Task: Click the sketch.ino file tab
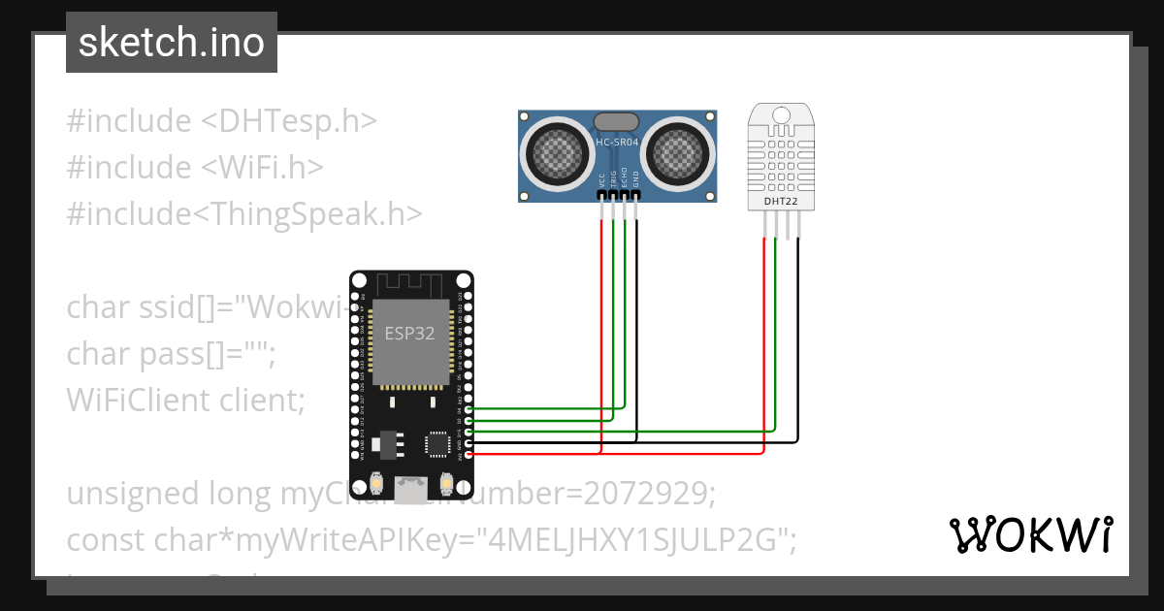click(x=171, y=43)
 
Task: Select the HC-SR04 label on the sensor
click(x=617, y=143)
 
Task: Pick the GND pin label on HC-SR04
click(x=636, y=179)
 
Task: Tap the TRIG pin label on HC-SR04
click(x=614, y=178)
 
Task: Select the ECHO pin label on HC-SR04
click(x=626, y=178)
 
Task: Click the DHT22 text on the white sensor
click(x=781, y=201)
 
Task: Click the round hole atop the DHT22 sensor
click(x=781, y=115)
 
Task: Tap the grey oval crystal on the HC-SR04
click(x=616, y=122)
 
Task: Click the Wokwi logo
click(x=1030, y=534)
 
